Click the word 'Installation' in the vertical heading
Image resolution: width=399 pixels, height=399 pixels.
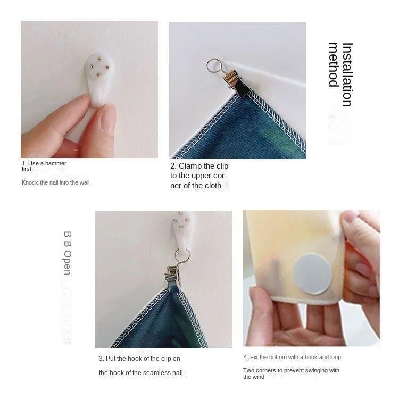347,74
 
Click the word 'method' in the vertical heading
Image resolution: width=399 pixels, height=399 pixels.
334,64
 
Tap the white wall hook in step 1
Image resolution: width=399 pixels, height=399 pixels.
99,79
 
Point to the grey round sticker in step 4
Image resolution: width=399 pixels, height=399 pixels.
312,273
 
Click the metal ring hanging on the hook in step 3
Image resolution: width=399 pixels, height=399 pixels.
182,256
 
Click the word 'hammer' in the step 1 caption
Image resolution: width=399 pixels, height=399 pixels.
56,163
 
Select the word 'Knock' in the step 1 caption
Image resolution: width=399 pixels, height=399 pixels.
30,182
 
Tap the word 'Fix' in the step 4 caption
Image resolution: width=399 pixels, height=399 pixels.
254,357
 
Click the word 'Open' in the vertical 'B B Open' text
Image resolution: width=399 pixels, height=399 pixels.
68,263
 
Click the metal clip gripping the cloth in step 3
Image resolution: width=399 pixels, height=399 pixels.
173,276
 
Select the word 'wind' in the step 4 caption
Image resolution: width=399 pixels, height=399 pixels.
259,377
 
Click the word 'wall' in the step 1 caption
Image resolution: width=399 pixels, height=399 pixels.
85,182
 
